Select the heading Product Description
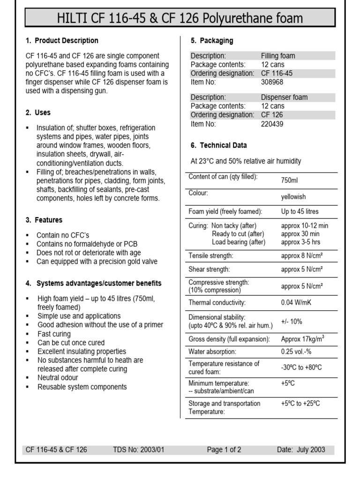tap(66, 41)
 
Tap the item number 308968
tap(272, 82)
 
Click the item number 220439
tap(272, 124)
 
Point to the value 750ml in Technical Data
tap(289, 180)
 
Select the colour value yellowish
tap(293, 197)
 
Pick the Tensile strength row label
tap(210, 255)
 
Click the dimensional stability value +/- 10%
tap(292, 322)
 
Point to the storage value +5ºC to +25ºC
tap(300, 403)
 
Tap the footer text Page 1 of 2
tap(224, 450)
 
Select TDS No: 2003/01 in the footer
tap(139, 450)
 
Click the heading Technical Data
tap(218, 145)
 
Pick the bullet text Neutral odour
tap(58, 378)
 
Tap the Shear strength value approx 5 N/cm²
tap(302, 270)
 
